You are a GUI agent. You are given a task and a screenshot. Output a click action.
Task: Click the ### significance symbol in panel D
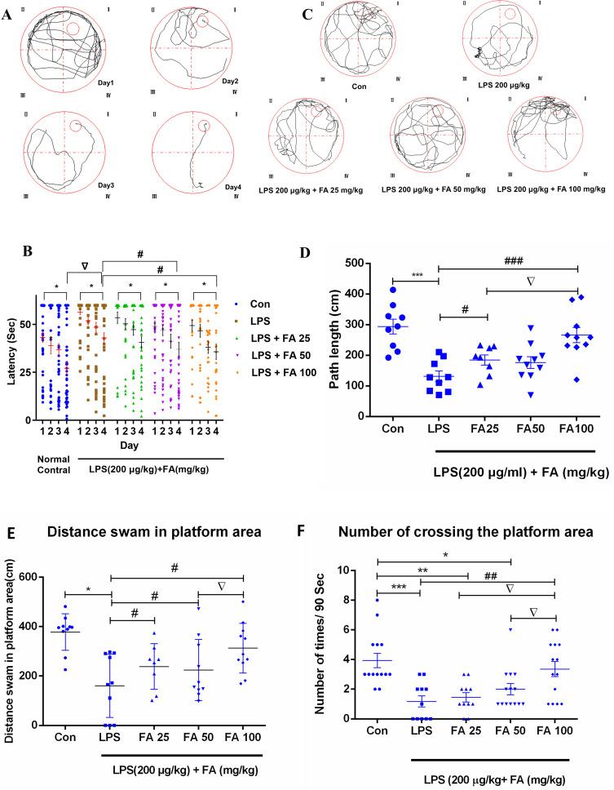[510, 262]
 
